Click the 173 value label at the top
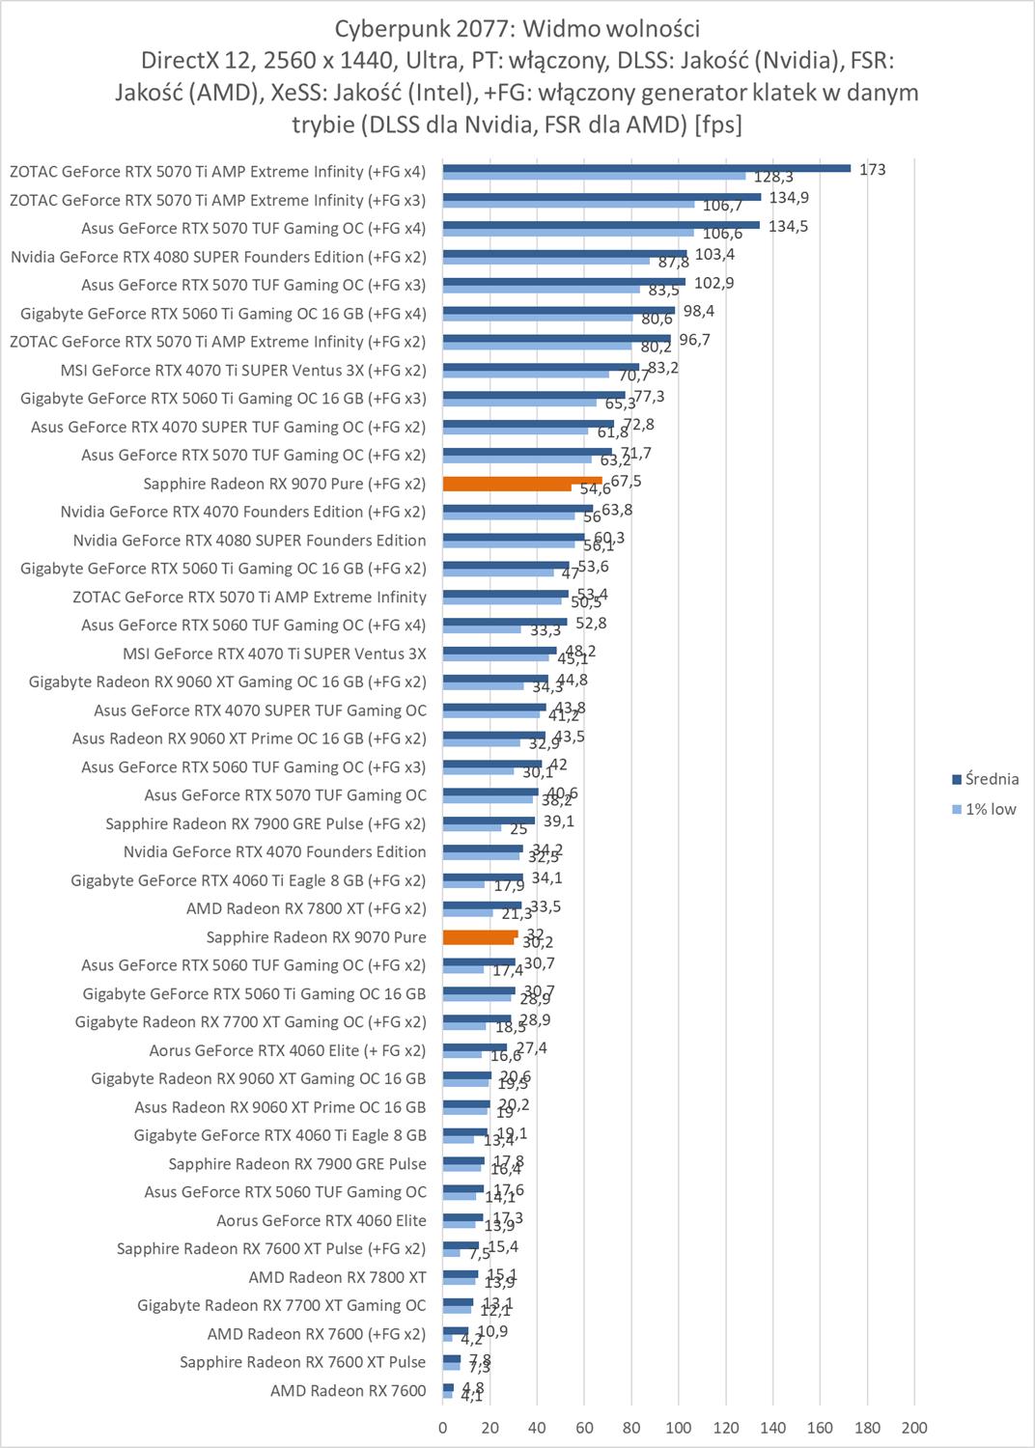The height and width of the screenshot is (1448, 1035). [872, 170]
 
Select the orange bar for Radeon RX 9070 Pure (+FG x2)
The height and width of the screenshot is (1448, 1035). [521, 481]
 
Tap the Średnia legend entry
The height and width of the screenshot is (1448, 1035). [991, 779]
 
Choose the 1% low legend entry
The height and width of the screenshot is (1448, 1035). [990, 809]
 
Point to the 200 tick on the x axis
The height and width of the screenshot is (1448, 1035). [913, 1428]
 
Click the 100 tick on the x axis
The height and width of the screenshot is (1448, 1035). [679, 1428]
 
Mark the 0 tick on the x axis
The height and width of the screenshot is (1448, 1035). [443, 1428]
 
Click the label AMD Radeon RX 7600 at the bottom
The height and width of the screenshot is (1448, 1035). [348, 1391]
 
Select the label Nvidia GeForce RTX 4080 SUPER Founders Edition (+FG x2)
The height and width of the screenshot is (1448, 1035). [218, 257]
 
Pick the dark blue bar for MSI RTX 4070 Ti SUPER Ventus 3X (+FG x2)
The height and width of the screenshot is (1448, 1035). [541, 367]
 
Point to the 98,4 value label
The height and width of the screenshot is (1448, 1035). [698, 311]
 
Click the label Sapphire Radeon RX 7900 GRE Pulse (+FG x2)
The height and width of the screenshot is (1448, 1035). [266, 823]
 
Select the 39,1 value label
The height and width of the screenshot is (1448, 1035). [558, 821]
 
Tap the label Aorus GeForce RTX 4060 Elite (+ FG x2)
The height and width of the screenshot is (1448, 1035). [288, 1050]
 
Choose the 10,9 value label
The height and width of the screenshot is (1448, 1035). [491, 1331]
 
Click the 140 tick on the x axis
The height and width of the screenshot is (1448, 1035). [772, 1428]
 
